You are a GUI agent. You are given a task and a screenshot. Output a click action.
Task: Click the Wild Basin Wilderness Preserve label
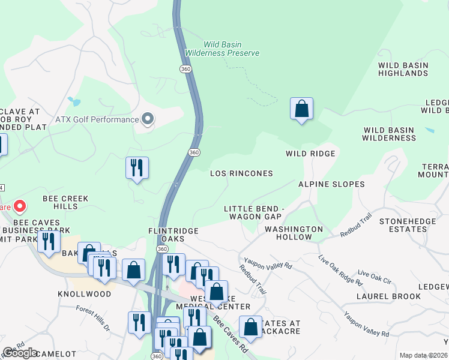[222, 49]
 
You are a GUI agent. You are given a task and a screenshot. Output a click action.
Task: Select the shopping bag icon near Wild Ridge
[301, 109]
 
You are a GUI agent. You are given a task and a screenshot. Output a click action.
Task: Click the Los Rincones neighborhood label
[241, 173]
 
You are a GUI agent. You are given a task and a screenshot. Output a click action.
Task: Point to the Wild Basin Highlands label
[403, 69]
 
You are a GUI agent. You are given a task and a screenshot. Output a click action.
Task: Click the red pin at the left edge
[19, 207]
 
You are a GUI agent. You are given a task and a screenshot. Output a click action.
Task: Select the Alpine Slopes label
[331, 184]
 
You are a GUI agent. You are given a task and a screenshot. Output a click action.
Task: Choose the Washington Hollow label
[294, 233]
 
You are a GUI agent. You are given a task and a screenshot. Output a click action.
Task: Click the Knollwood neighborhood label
[85, 294]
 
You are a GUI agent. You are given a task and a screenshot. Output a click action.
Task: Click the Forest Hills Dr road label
[93, 319]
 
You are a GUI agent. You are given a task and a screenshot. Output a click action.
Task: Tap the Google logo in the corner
[20, 353]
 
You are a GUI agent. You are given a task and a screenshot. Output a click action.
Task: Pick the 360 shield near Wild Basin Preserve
[185, 69]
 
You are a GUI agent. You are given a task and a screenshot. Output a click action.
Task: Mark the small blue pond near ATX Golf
[74, 101]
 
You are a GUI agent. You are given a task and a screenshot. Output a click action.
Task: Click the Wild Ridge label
[310, 154]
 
